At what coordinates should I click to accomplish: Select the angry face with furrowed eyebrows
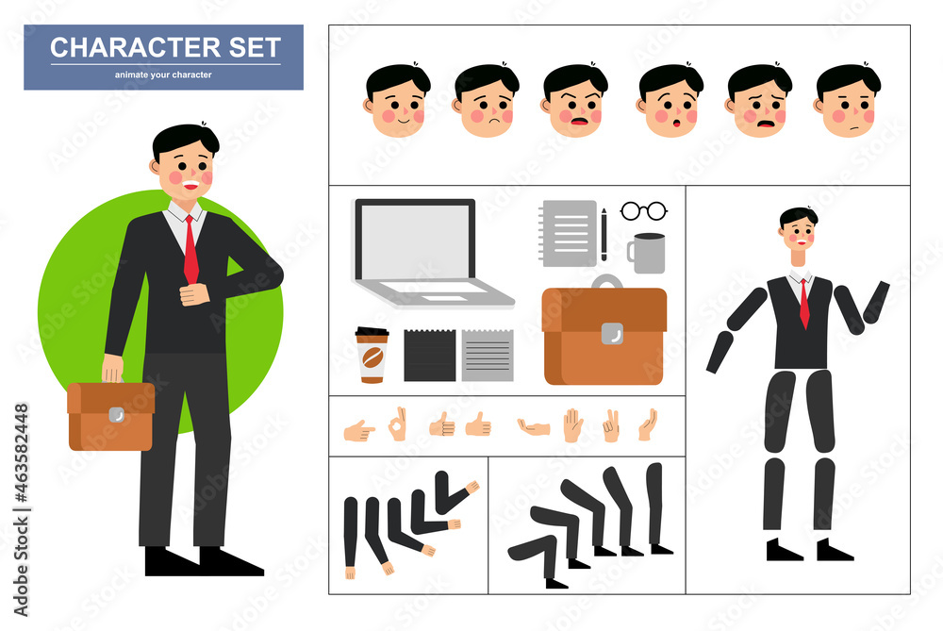(574, 102)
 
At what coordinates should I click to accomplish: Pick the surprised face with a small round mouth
(670, 102)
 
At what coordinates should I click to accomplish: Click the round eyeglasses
(644, 211)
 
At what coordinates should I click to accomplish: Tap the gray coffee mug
(648, 253)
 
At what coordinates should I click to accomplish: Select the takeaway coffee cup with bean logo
(371, 355)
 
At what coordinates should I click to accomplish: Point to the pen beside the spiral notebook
(604, 235)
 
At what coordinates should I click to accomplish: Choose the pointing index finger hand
(358, 431)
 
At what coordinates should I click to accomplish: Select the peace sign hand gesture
(611, 425)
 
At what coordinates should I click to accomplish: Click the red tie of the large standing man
(190, 248)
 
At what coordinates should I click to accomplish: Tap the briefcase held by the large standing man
(110, 416)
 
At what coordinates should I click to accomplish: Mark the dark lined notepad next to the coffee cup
(430, 356)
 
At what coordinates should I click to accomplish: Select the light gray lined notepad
(488, 356)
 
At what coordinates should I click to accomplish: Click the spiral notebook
(569, 233)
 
